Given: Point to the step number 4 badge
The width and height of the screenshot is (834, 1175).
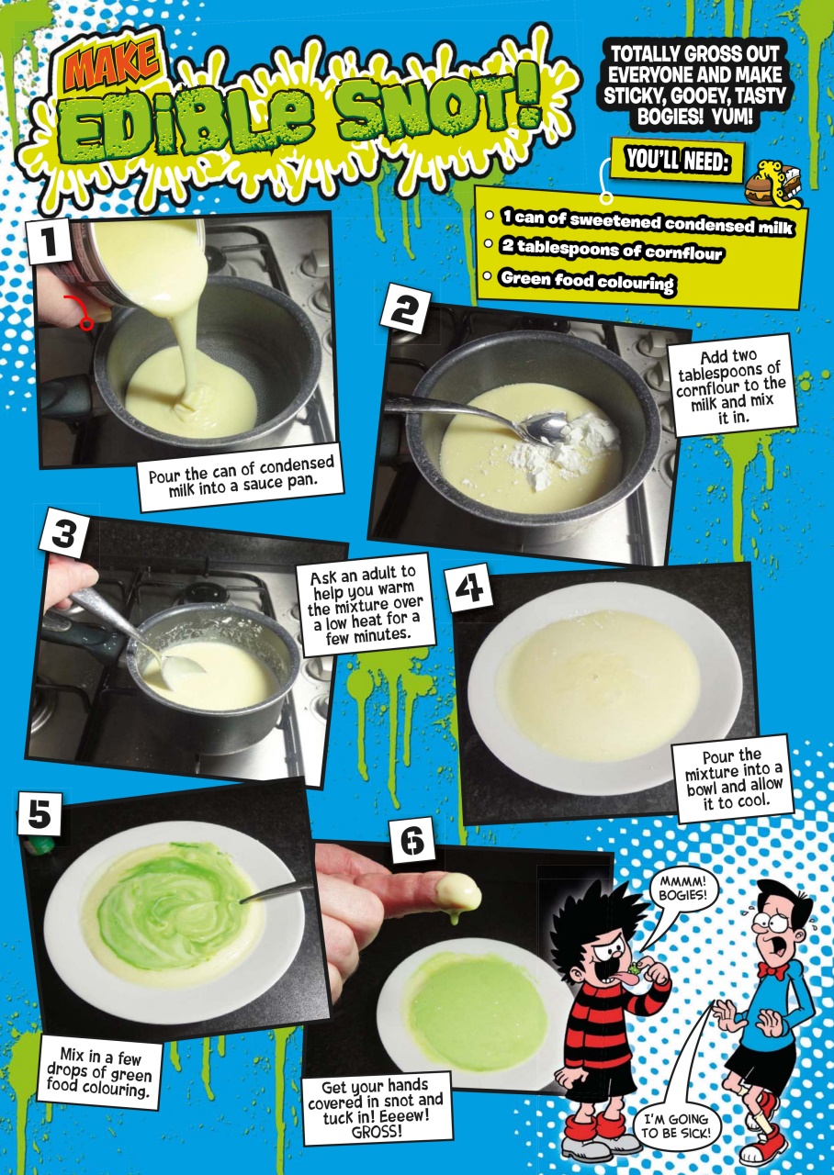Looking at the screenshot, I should (468, 590).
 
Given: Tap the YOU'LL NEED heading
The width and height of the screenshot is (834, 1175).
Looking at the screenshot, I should (677, 162).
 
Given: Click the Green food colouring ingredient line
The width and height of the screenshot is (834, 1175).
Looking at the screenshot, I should (586, 282).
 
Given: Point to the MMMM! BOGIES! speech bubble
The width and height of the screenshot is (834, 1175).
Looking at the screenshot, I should (682, 889).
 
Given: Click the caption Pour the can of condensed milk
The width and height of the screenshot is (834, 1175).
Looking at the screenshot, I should (242, 475).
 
